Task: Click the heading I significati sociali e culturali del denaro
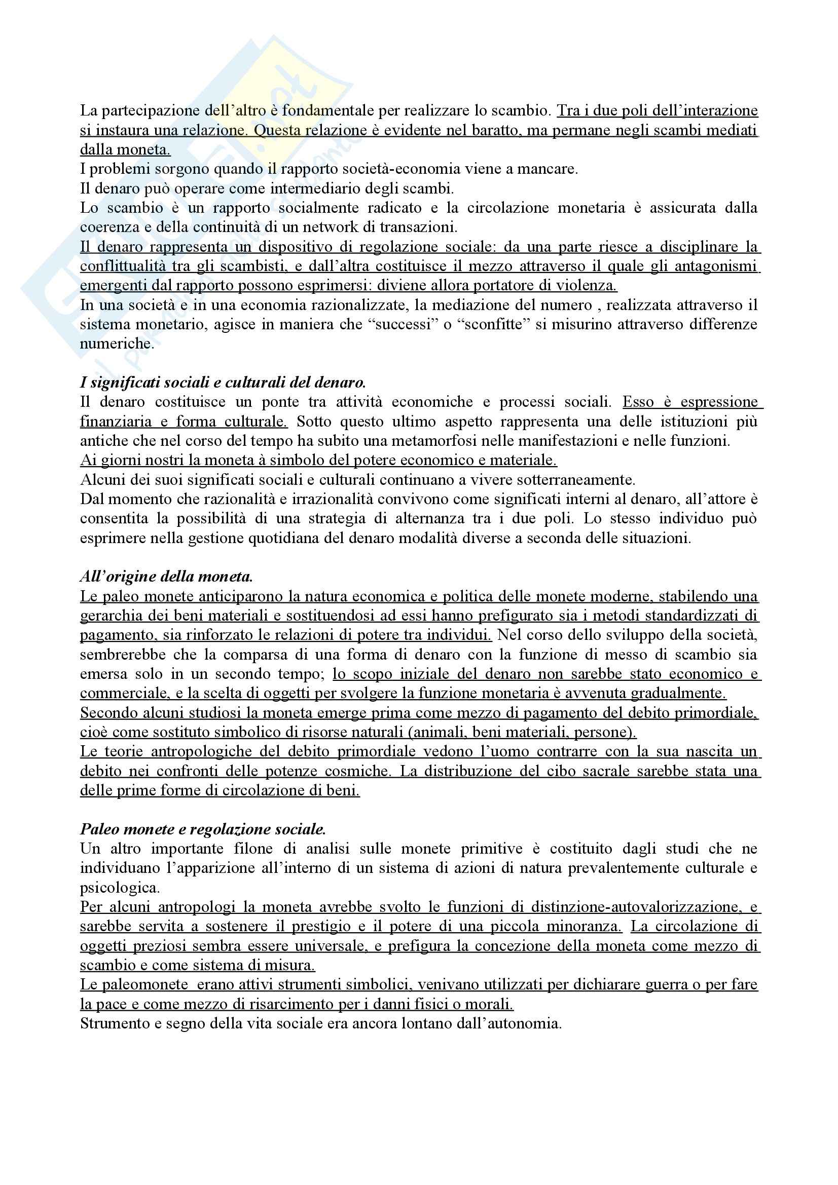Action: [223, 383]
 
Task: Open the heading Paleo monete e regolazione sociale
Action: [203, 829]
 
